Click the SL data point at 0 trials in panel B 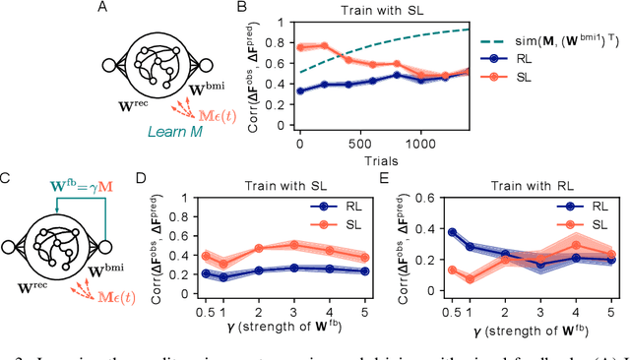[x=300, y=45]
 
